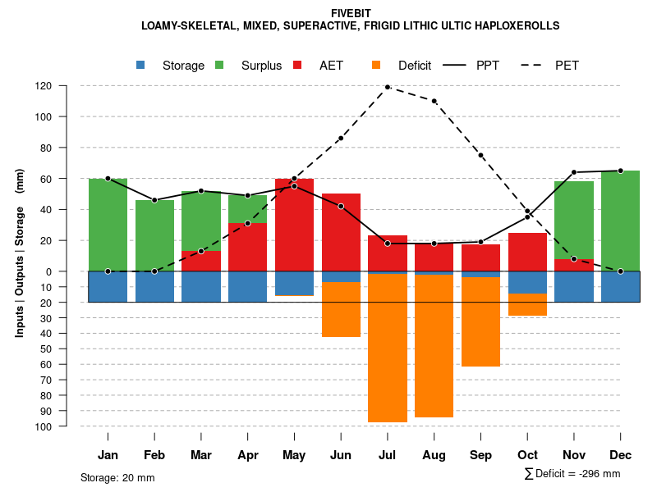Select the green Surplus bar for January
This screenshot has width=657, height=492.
(108, 225)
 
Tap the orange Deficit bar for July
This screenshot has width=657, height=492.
(388, 348)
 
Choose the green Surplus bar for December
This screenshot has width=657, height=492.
(620, 221)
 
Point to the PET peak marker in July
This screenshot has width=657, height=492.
(388, 87)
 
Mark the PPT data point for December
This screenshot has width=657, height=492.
(620, 171)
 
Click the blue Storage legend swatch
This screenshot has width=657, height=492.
(141, 66)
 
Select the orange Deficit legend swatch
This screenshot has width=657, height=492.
(377, 66)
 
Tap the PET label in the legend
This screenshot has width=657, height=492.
(567, 66)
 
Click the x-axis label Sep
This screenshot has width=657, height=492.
(480, 455)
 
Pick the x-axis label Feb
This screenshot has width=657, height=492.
(154, 455)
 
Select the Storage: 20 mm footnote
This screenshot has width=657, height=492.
(117, 477)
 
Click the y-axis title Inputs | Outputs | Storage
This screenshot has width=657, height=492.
(20, 254)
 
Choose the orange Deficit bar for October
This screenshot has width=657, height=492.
(527, 304)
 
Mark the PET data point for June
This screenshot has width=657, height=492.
(341, 138)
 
